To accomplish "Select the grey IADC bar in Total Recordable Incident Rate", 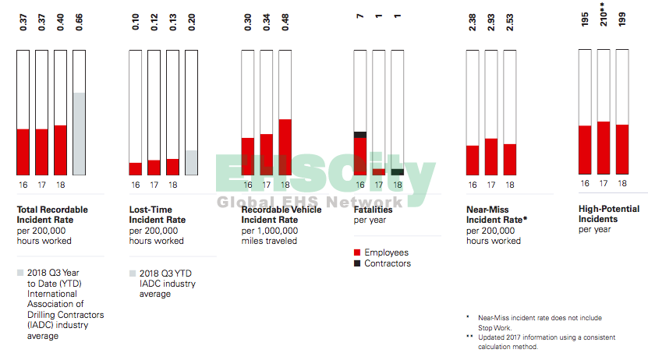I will pos(79,133).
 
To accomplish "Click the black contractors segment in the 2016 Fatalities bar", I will pos(359,135).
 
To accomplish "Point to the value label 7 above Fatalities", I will pos(359,17).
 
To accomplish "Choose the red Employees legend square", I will pos(357,252).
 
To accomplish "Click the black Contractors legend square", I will pos(357,263).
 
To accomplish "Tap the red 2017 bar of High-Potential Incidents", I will pos(604,147).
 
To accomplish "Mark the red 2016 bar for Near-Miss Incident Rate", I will pos(472,160).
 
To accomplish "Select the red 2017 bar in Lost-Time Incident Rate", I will pos(154,167).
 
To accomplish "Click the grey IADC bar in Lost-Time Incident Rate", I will pos(191,162).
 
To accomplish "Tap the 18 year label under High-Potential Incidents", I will pos(622,183).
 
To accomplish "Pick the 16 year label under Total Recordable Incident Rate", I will pos(23,185).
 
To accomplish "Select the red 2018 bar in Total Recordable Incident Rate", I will pos(60,150).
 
